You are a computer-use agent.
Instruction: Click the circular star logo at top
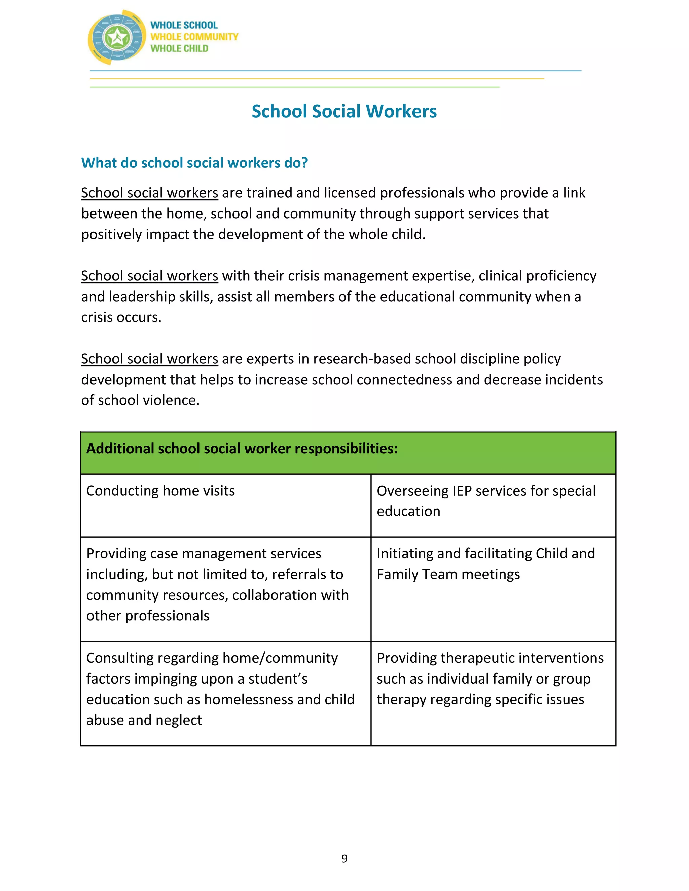(x=117, y=38)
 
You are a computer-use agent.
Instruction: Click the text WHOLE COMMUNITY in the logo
(x=194, y=37)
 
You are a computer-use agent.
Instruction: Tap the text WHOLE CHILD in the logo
(x=179, y=48)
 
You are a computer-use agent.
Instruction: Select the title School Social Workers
(x=344, y=111)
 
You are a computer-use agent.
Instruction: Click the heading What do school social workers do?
(x=194, y=163)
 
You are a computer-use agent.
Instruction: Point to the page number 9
(x=344, y=859)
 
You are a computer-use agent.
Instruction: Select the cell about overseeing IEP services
(x=486, y=501)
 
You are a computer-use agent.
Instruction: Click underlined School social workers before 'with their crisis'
(x=149, y=276)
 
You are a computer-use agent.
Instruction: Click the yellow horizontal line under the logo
(x=317, y=79)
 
